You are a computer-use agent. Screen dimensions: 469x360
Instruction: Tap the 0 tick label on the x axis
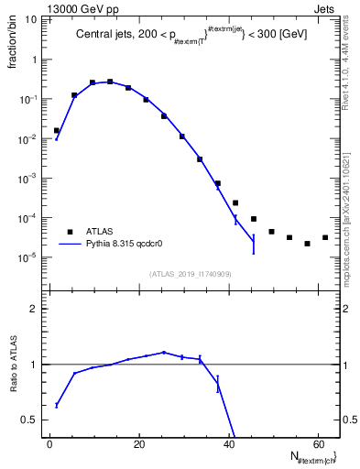(49, 444)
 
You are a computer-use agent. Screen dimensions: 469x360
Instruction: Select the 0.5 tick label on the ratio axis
(28, 420)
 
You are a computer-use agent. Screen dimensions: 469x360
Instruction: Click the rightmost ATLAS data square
(325, 237)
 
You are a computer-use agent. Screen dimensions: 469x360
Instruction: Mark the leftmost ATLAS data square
(56, 130)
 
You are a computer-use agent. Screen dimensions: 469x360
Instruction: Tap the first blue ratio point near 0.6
(56, 405)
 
